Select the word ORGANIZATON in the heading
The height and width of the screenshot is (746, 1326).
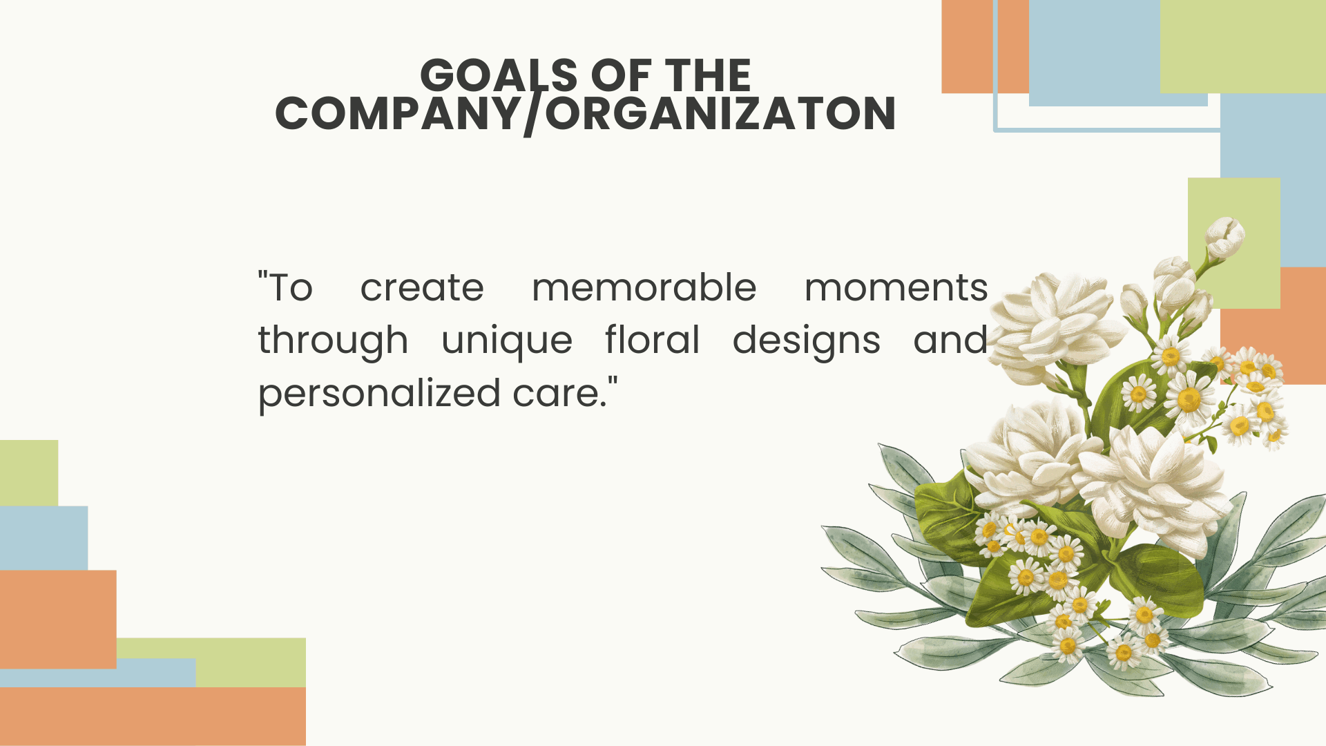[720, 113]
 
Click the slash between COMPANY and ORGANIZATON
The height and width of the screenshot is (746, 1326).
[532, 115]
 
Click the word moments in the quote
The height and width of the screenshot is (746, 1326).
[896, 288]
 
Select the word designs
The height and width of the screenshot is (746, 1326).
[807, 342]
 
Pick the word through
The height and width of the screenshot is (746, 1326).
[333, 342]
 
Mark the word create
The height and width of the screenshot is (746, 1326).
[422, 288]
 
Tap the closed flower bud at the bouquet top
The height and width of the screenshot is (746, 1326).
[1224, 236]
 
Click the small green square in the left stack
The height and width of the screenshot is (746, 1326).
[29, 473]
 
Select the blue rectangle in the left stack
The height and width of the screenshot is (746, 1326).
[44, 538]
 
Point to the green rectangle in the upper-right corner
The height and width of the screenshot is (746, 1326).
[1243, 46]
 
